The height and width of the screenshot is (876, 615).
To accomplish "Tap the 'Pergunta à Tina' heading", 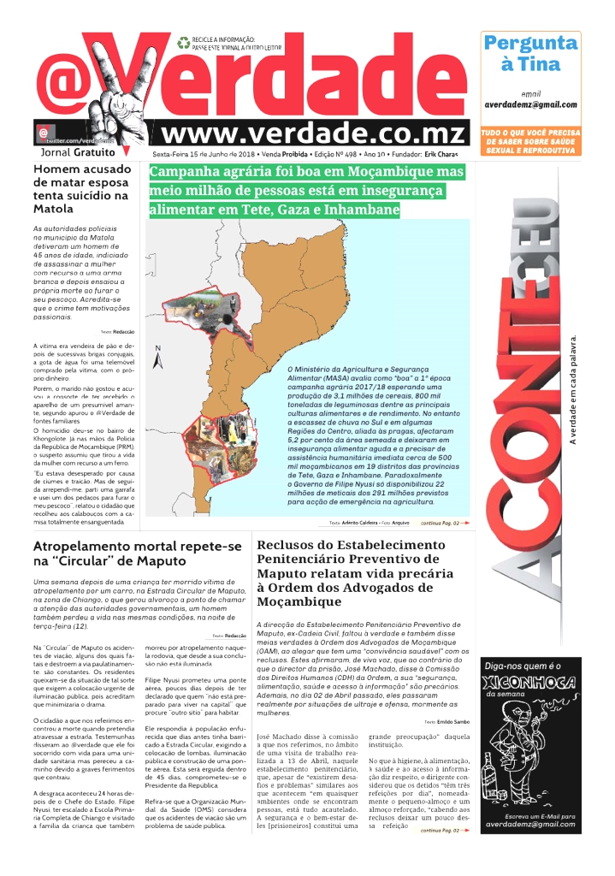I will (530, 53).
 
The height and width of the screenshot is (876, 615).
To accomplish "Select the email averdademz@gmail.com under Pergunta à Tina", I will (530, 104).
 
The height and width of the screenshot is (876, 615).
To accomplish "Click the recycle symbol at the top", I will (183, 42).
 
